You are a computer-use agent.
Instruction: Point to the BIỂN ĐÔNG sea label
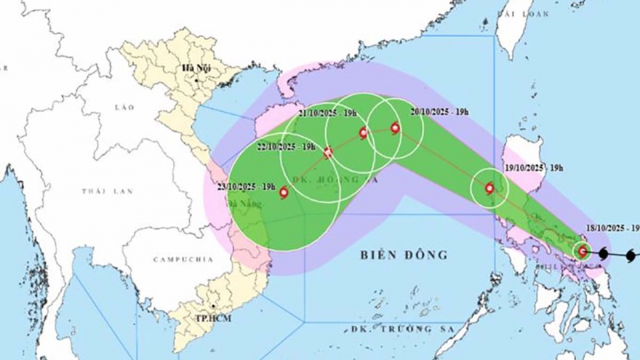[x=404, y=255]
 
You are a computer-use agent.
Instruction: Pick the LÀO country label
[x=125, y=107]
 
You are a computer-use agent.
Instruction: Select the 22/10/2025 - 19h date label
[x=286, y=146]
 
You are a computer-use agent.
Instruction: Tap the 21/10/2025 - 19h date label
[x=327, y=113]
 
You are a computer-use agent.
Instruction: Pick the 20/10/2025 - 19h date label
[x=440, y=111]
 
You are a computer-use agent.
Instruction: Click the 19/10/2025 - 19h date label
[x=534, y=167]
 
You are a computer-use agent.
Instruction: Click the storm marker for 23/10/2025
[x=284, y=193]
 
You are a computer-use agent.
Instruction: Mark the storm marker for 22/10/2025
[x=328, y=153]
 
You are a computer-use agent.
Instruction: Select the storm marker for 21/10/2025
[x=364, y=132]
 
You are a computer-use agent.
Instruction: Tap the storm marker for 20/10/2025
[x=395, y=128]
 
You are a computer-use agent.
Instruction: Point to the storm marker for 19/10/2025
[x=489, y=189]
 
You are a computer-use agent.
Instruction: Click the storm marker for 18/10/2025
[x=582, y=252]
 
